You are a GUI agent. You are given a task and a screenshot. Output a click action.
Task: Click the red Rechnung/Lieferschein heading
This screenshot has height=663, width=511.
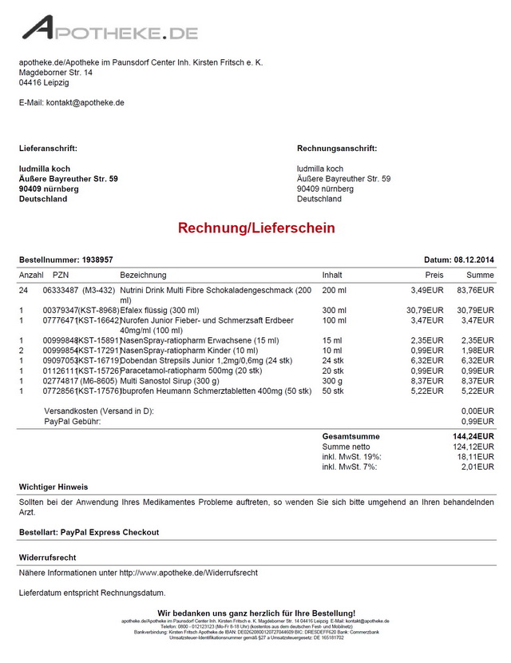256,228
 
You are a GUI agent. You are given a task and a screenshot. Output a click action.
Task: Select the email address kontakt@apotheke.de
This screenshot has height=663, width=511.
85,103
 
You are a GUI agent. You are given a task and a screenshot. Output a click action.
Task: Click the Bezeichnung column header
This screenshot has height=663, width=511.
144,276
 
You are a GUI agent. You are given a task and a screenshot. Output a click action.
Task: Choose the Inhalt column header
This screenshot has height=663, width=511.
332,276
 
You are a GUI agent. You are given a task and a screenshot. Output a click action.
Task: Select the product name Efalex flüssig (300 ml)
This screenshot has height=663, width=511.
160,310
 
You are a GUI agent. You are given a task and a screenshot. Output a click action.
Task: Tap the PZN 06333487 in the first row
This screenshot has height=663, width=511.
60,290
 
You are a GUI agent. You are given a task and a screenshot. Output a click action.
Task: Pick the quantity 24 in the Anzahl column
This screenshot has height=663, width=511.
24,290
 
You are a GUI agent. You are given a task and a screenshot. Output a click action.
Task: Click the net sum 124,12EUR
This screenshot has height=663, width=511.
475,447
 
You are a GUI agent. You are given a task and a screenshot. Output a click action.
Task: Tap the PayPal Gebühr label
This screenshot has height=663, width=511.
73,421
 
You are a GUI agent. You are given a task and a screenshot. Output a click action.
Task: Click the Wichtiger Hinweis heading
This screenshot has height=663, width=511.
53,487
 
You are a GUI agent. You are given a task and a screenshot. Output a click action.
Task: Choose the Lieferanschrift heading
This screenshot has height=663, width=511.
48,149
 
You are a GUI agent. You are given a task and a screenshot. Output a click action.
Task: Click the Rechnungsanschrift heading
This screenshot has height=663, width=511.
337,149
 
